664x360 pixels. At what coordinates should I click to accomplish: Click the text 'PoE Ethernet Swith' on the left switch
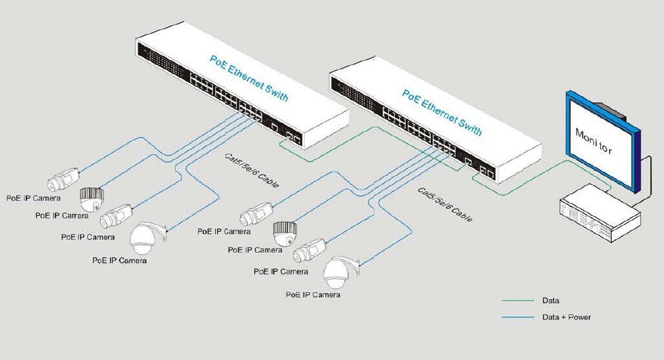pos(249,78)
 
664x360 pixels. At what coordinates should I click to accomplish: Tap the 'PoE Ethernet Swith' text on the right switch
pos(442,112)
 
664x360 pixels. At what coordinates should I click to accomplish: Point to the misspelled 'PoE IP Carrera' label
pos(63,215)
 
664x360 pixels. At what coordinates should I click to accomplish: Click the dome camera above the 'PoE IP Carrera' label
pos(92,198)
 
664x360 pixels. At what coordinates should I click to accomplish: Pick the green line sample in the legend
pos(518,301)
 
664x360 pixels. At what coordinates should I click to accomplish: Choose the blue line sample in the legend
pos(518,317)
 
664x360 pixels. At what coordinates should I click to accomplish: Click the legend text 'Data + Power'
pos(566,317)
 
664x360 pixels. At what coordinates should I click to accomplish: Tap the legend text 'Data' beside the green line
pos(550,301)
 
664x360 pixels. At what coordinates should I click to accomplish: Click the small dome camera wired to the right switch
pos(284,232)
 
